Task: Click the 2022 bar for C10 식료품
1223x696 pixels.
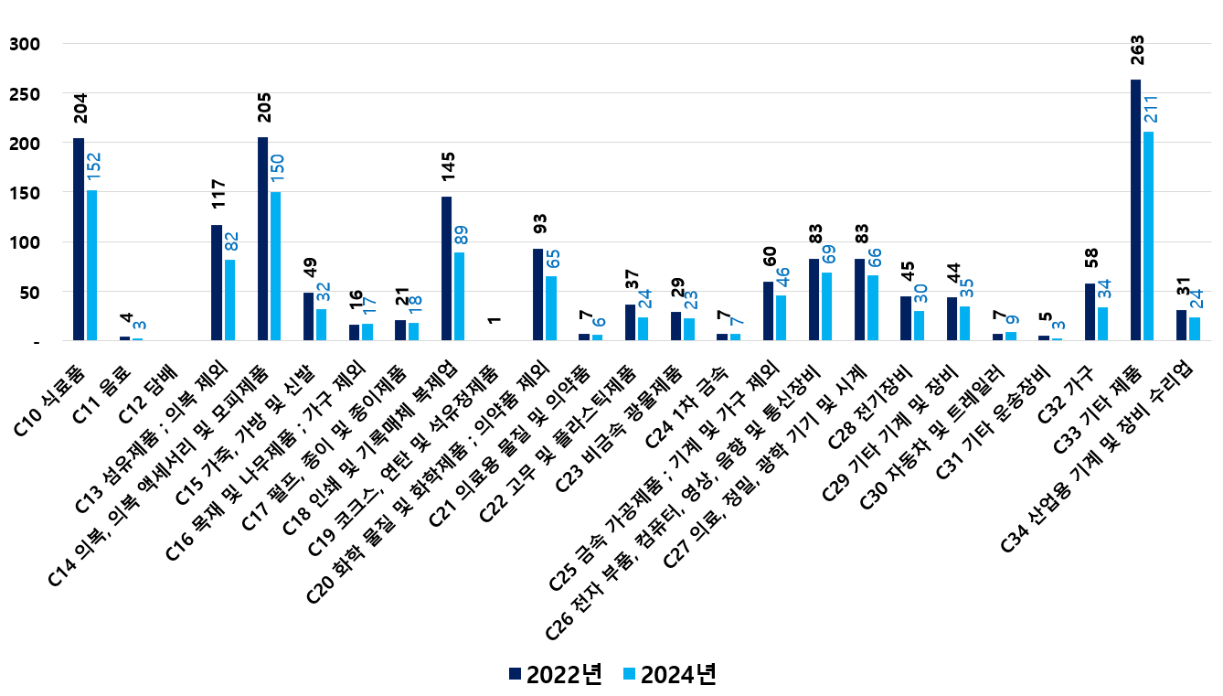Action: click(x=79, y=240)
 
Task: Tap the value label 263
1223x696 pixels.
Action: click(x=1137, y=50)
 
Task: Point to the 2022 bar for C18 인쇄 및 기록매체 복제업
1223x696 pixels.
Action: click(x=446, y=269)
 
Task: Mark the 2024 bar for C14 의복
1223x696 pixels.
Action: click(x=276, y=266)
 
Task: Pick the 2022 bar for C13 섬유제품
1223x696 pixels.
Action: click(x=217, y=283)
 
